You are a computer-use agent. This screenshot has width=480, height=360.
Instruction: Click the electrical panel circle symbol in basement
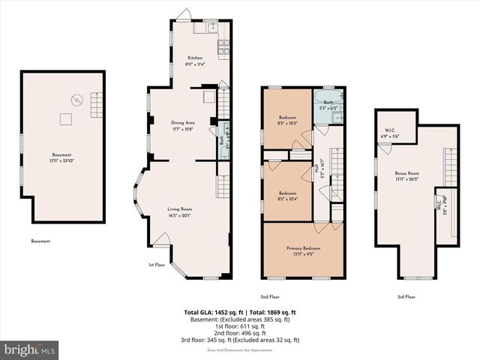(x=74, y=98)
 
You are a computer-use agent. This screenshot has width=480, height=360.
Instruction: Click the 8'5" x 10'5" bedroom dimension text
(x=287, y=123)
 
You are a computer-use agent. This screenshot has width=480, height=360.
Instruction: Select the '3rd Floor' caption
(x=406, y=296)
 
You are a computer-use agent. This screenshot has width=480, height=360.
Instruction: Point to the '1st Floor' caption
(x=157, y=265)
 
